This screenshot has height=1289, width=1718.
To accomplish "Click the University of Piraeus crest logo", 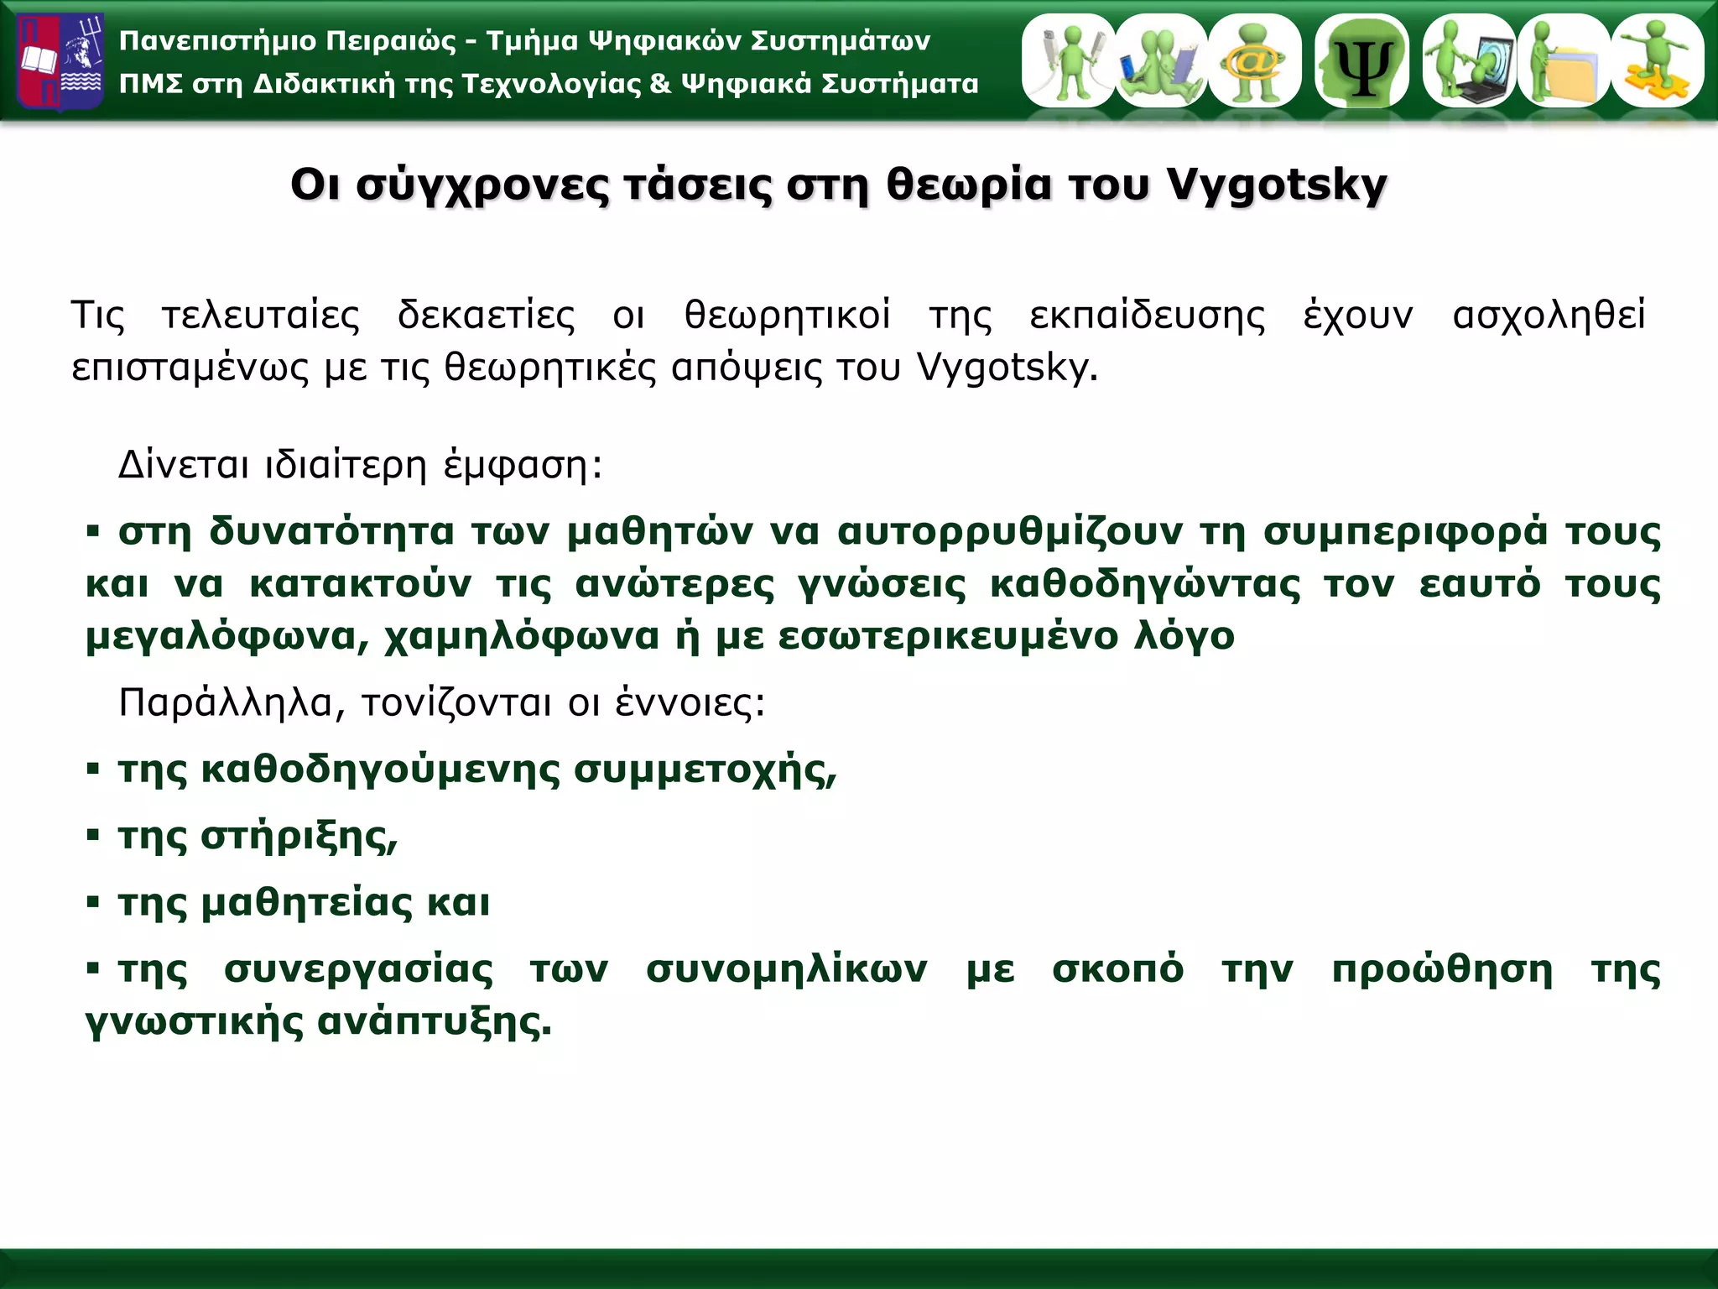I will pyautogui.click(x=60, y=62).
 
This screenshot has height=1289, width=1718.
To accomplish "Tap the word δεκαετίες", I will pyautogui.click(x=487, y=316).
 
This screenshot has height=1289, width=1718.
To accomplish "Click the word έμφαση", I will pyautogui.click(x=514, y=465).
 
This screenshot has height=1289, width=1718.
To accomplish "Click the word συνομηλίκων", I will pyautogui.click(x=786, y=969).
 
